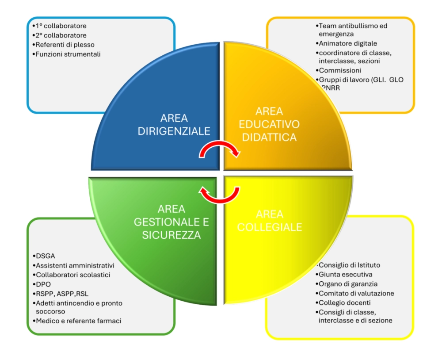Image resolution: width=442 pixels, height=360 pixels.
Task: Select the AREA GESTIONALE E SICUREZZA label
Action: pyautogui.click(x=171, y=222)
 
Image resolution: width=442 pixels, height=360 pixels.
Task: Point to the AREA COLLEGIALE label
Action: pyautogui.click(x=270, y=220)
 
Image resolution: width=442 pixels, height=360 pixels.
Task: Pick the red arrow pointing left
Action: pyautogui.click(x=220, y=194)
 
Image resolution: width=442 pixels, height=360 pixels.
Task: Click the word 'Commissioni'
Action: pyautogui.click(x=340, y=70)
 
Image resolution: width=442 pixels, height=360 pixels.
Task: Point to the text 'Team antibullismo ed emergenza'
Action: pyautogui.click(x=352, y=30)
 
